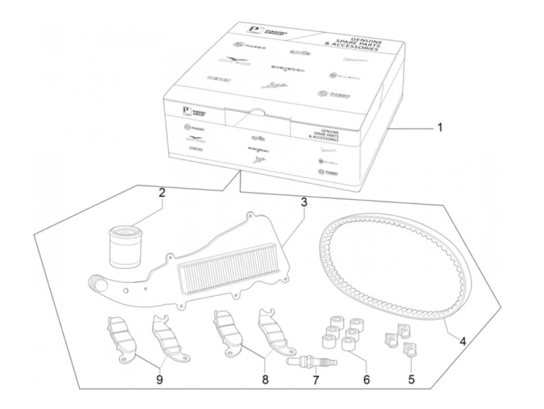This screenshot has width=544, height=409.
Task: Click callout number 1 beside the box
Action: [439, 128]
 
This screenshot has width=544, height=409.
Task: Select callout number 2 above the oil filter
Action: [162, 193]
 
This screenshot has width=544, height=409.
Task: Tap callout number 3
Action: [303, 203]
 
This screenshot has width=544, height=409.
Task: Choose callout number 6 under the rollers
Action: [366, 379]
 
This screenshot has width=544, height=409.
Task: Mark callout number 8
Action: [265, 379]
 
